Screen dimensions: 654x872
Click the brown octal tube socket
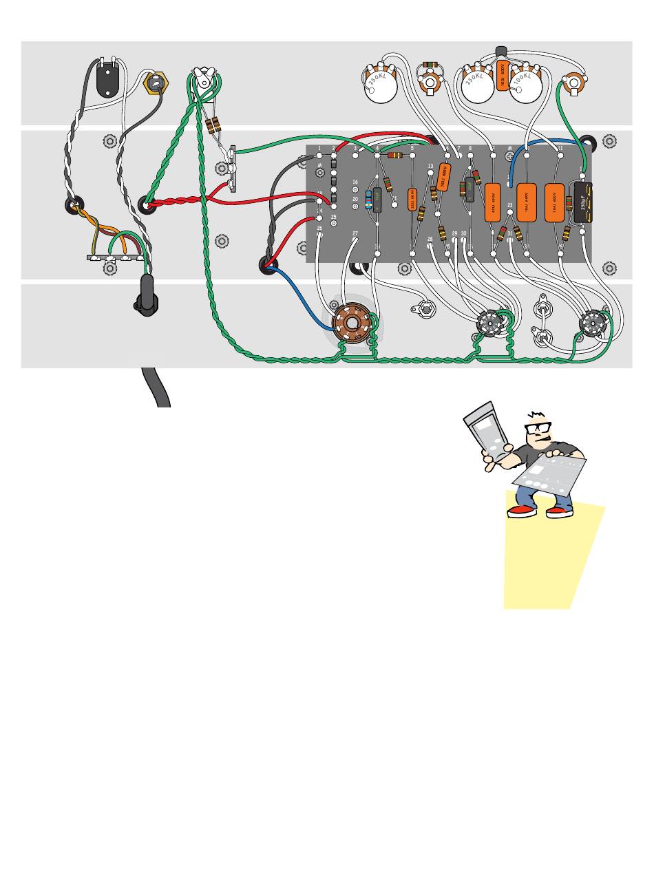click(x=351, y=323)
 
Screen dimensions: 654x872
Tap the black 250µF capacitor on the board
click(x=582, y=202)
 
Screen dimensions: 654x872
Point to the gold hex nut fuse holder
click(x=156, y=83)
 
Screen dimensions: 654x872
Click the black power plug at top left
click(x=107, y=80)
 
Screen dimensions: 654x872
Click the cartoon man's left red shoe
click(x=521, y=511)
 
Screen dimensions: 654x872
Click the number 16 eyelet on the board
click(x=355, y=189)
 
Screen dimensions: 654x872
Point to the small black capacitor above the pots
click(x=502, y=53)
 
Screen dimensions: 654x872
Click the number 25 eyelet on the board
click(x=334, y=224)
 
